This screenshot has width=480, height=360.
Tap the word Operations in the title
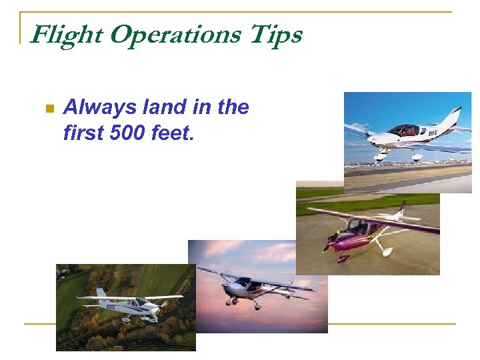tap(175, 35)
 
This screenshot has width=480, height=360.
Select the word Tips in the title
tap(275, 35)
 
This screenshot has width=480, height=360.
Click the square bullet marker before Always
tap(47, 109)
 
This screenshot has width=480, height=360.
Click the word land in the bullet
tap(157, 107)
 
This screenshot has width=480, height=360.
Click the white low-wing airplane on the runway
tap(407, 137)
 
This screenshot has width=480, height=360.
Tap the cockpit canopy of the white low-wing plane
tap(404, 129)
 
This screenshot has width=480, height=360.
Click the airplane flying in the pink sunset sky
tap(253, 287)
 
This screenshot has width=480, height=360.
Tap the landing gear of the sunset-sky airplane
tap(256, 305)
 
